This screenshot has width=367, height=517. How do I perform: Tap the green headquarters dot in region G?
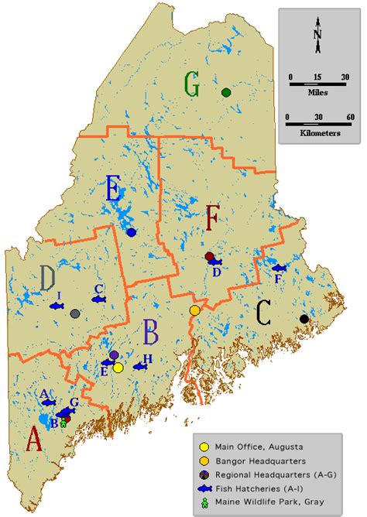point(226,93)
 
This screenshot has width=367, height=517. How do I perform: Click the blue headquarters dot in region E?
point(131,232)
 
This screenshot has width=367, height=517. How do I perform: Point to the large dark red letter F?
point(213,221)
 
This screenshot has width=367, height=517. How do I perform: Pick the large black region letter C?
point(263,313)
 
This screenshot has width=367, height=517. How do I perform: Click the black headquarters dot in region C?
point(304,319)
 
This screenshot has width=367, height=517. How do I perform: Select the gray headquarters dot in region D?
point(74,313)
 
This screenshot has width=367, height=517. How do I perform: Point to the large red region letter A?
point(33,440)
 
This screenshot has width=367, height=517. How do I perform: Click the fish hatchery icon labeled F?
point(278,268)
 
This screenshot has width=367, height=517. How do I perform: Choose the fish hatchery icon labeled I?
point(57,306)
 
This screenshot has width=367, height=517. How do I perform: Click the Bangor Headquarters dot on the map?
point(195,310)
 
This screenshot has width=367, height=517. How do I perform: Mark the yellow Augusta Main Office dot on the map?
point(118,368)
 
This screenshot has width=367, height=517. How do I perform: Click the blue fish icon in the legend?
point(204,488)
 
